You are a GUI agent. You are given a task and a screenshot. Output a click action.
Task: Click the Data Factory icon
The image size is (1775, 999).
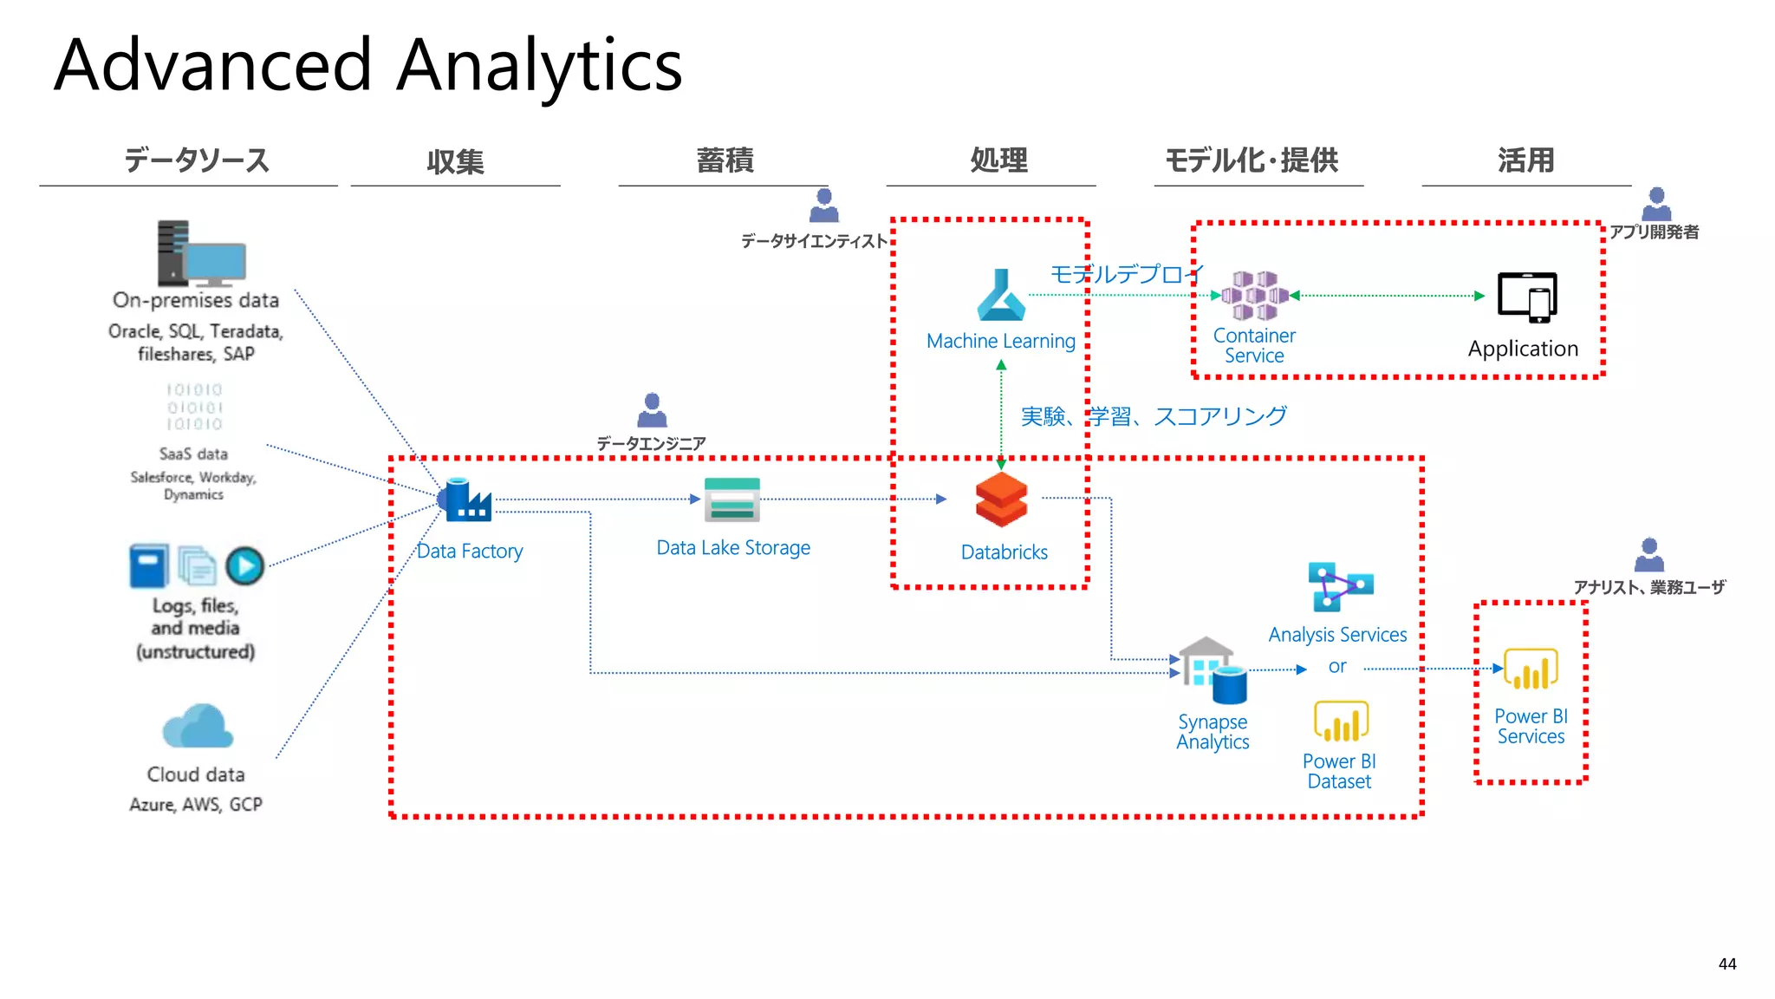click(x=466, y=499)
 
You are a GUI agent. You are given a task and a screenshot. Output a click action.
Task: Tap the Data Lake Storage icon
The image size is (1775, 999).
click(x=732, y=499)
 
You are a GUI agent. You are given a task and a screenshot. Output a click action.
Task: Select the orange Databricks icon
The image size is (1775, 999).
click(x=1002, y=499)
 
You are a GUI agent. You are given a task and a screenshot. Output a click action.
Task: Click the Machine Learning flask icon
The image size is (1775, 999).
click(x=1001, y=297)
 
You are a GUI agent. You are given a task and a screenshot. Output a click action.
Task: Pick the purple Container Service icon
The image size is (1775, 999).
click(x=1254, y=296)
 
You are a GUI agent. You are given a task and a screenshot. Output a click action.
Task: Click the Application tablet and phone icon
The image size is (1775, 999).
click(x=1527, y=297)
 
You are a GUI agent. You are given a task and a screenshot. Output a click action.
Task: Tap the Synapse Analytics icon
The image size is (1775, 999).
click(x=1213, y=670)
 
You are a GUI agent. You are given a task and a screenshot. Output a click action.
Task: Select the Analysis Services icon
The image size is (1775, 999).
click(x=1339, y=586)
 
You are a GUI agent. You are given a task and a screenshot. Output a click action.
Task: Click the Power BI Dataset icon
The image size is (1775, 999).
click(x=1341, y=721)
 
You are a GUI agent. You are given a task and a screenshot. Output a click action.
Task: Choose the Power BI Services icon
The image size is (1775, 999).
click(x=1531, y=669)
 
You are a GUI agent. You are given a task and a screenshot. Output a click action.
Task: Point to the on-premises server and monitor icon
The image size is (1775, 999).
click(x=200, y=254)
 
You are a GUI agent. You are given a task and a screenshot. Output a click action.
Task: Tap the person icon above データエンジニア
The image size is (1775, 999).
click(x=652, y=410)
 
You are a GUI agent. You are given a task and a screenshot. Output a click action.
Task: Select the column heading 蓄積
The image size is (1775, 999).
click(x=725, y=160)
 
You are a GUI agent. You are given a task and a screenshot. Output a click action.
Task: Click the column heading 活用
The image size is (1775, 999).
click(x=1526, y=160)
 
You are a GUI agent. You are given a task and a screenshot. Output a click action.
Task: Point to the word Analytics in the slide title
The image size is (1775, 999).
click(x=539, y=66)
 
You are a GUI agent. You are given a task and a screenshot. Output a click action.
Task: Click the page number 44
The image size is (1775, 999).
click(x=1727, y=964)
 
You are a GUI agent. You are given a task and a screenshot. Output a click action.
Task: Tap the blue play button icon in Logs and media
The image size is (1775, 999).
click(x=245, y=566)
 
